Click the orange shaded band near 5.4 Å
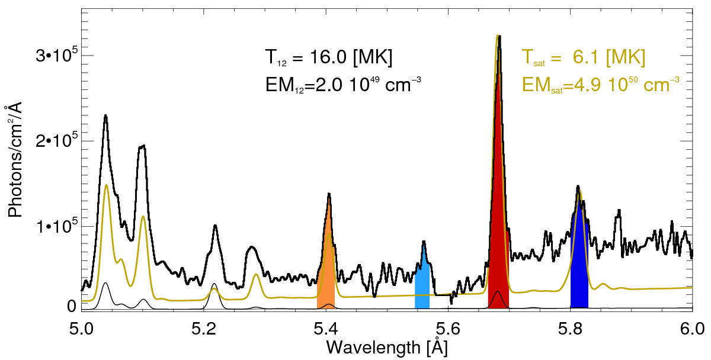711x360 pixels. (326, 278)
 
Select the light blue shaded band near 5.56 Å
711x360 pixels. (422, 287)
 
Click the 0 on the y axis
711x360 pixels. (71, 307)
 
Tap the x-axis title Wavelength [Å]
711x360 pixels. (386, 347)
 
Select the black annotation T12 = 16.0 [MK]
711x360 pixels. (328, 58)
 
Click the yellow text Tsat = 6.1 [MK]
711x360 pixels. (583, 58)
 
